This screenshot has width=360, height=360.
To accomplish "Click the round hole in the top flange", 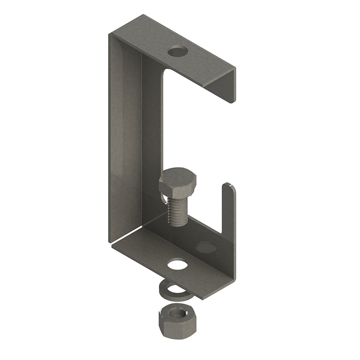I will pos(177,51).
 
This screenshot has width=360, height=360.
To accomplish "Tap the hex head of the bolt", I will pos(177,180).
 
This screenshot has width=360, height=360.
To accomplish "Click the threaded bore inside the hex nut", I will pos(178,312).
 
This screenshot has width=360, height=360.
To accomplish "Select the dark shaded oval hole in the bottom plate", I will pos(207,247).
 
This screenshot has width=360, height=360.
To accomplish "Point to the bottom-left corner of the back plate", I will pos(110,241).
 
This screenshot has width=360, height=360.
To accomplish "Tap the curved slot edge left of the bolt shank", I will pos(161,198).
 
